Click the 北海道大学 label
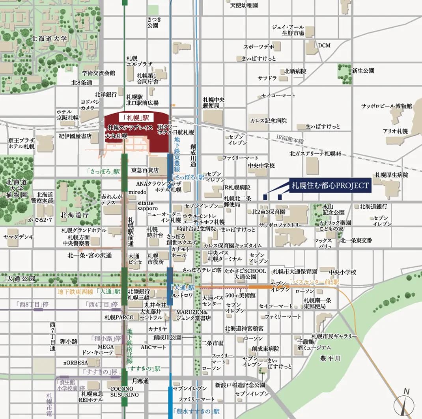(x=49, y=39)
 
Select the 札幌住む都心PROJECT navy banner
(x=330, y=185)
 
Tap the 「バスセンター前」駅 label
(x=314, y=282)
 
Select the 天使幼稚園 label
(x=244, y=5)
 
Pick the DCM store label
(x=324, y=45)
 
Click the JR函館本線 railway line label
(x=290, y=140)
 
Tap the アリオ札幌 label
(x=395, y=131)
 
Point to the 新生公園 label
(x=363, y=71)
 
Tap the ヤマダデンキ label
(x=19, y=237)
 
